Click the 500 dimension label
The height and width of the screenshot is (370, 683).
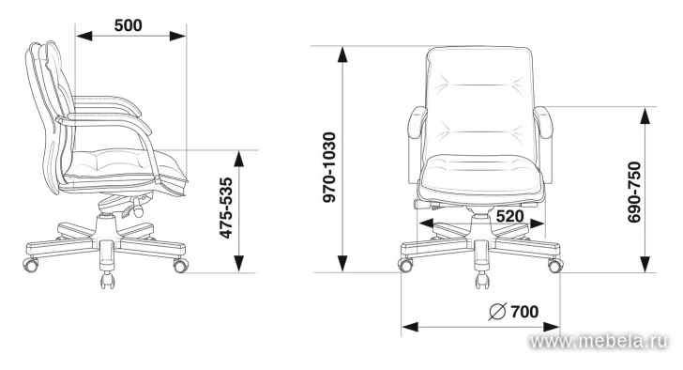[x=128, y=25]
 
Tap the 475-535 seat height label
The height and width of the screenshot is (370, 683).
[x=225, y=208]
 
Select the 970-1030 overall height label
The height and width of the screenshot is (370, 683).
[x=329, y=167]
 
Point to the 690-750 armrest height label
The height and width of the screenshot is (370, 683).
[x=634, y=193]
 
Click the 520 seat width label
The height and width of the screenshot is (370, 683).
[x=509, y=216]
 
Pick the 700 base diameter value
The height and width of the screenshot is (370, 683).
[x=524, y=312]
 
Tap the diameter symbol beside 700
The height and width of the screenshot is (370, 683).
[x=497, y=312]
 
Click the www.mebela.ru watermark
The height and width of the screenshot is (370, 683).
[x=598, y=341]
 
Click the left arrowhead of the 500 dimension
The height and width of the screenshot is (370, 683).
[x=84, y=36]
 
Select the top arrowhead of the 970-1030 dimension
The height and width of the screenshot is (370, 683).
[x=342, y=54]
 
